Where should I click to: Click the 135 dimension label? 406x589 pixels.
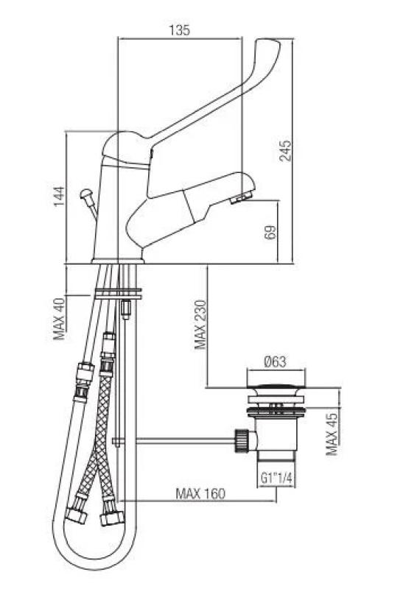point(180,30)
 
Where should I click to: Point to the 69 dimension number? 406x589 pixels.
point(270,233)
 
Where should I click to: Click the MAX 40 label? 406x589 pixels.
point(60,318)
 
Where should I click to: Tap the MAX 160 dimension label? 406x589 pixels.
point(200,493)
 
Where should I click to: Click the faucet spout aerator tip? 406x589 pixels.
point(241,199)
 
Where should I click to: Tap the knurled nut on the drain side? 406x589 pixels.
point(240,441)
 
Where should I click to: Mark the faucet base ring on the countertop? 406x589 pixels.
point(116,260)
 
